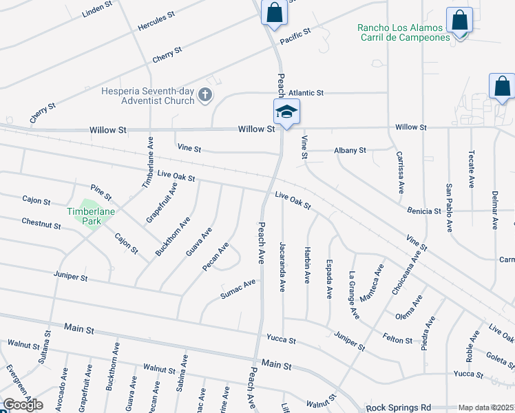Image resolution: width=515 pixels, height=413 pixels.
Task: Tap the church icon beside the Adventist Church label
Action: coord(204,96)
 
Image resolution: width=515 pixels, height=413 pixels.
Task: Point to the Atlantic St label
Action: coord(306,92)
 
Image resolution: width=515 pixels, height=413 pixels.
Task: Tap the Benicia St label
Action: coord(423,211)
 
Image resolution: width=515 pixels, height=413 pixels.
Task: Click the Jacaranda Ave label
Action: coord(282,266)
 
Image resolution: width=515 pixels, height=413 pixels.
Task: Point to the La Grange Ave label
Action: coord(354,294)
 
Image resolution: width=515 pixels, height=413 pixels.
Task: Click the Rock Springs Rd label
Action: coord(398,407)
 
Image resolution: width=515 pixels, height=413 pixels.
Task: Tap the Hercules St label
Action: coord(152,23)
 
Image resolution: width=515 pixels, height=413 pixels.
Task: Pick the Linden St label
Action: coord(96,9)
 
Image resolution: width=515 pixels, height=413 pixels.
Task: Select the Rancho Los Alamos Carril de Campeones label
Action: coord(403,32)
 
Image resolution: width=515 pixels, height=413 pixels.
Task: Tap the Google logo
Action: coord(23,405)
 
